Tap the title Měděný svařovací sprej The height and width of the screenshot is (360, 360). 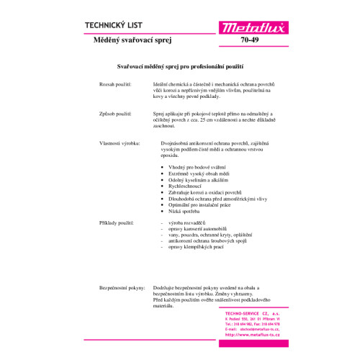click(120, 42)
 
